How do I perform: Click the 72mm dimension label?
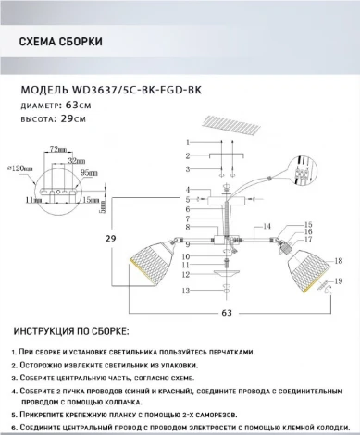58,148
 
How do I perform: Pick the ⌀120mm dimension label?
19,169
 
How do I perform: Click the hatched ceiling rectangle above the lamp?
225,125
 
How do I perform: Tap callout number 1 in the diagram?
186,142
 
